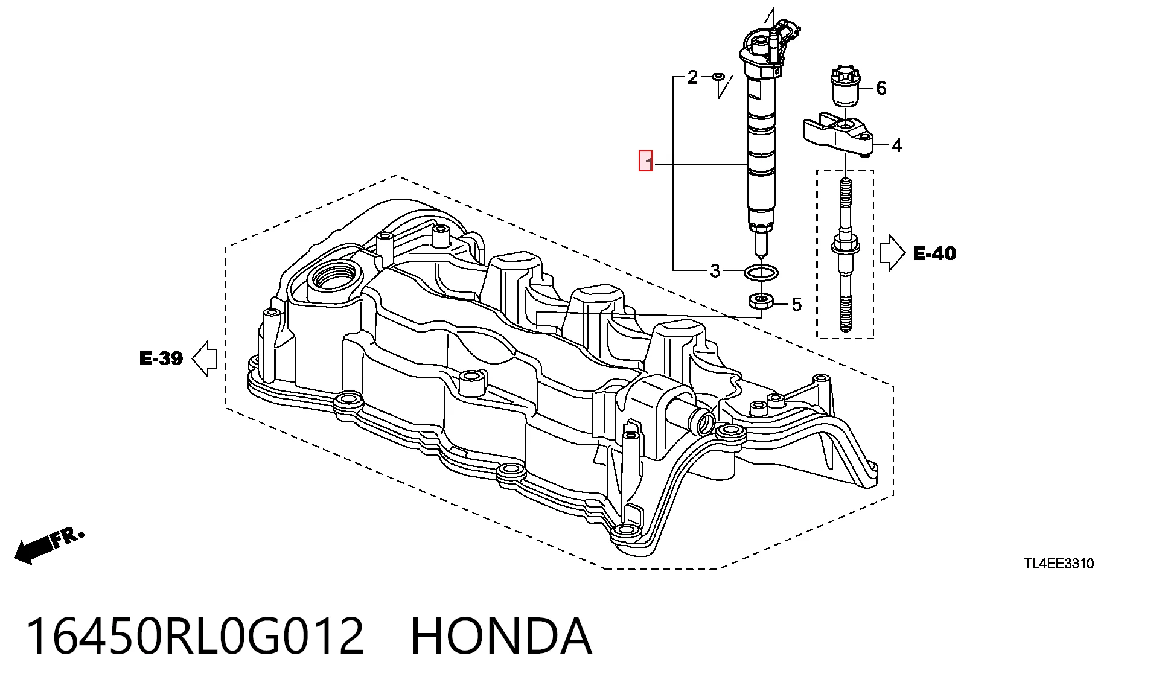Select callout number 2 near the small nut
pos(692,77)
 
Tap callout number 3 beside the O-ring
pos(715,270)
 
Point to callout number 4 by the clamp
pos(896,145)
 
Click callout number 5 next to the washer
pos(797,305)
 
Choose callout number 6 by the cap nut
pos(881,88)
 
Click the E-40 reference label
pos(934,253)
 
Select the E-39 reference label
pos(161,358)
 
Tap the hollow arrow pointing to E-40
pos(892,252)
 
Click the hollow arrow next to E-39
pos(205,358)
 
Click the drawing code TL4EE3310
pos(1059,564)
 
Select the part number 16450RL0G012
pos(195,636)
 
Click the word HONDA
pos(501,636)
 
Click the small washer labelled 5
pos(761,301)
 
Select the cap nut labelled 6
pos(846,84)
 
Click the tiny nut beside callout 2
pos(718,77)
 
